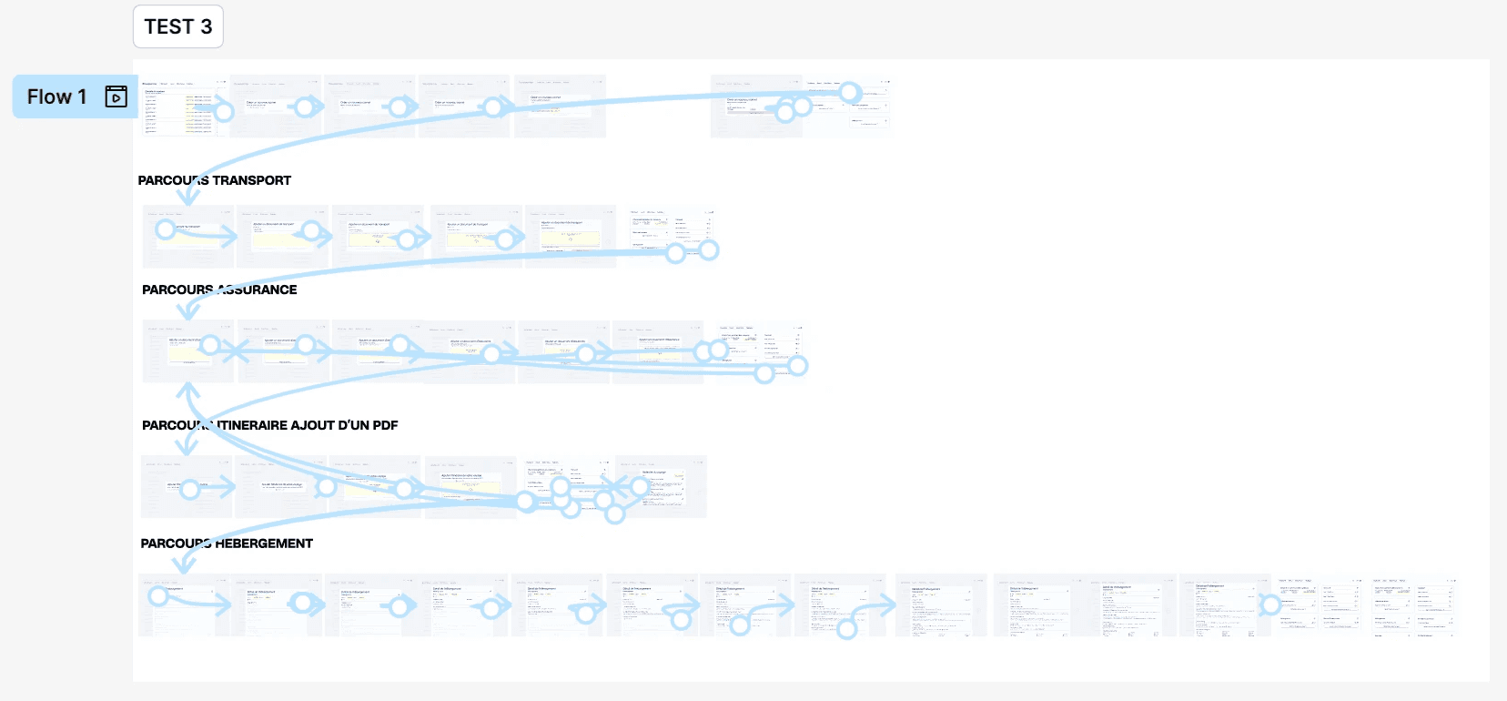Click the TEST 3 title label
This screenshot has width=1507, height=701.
(177, 27)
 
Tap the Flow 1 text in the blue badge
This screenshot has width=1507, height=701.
(56, 97)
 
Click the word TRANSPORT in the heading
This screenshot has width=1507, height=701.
(252, 180)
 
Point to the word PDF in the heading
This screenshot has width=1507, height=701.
(385, 425)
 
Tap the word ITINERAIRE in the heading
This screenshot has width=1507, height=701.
(257, 425)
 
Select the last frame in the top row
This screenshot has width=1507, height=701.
(847, 107)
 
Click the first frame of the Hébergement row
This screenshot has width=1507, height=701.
(184, 605)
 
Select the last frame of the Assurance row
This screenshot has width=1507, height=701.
(760, 351)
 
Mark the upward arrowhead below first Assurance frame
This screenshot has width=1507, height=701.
(187, 391)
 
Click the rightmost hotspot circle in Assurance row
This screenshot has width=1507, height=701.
(798, 366)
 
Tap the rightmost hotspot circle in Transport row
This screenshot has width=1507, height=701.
(709, 249)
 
